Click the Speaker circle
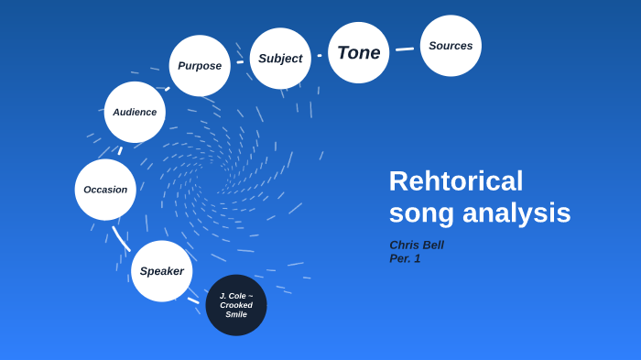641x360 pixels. tap(162, 271)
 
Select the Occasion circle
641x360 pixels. tap(105, 190)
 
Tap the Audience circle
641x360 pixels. tap(135, 112)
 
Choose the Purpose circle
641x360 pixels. tap(200, 66)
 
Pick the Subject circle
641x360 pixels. tap(280, 59)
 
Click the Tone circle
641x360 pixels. tap(359, 53)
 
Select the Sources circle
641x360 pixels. tap(451, 46)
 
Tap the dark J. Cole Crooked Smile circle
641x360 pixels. tap(236, 305)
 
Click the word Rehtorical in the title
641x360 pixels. tap(456, 180)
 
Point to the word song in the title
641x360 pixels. tap(421, 213)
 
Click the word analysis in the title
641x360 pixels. tap(516, 213)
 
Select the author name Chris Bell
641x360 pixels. tap(417, 245)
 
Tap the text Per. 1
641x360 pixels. tap(405, 258)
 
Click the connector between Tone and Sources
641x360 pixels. tap(405, 49)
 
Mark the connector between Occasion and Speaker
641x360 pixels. tap(121, 238)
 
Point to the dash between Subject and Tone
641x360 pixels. tap(320, 55)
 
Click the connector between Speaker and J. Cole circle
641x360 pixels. tap(193, 300)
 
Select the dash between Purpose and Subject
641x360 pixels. tap(240, 62)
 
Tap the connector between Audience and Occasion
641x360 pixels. tap(120, 150)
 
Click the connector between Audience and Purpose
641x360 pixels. tap(168, 88)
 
